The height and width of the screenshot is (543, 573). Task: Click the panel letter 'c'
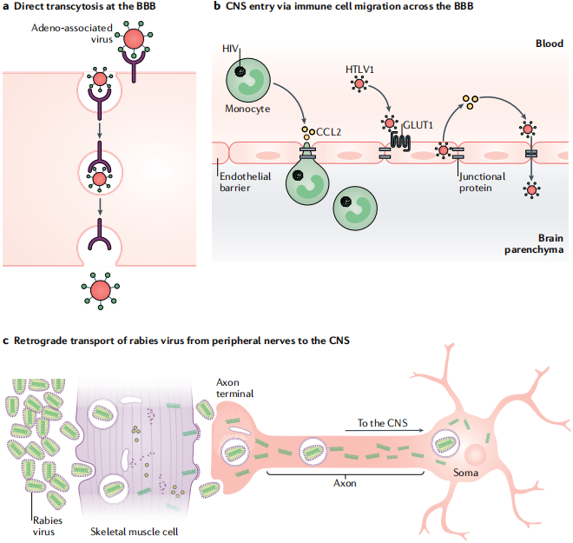click(7, 340)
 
